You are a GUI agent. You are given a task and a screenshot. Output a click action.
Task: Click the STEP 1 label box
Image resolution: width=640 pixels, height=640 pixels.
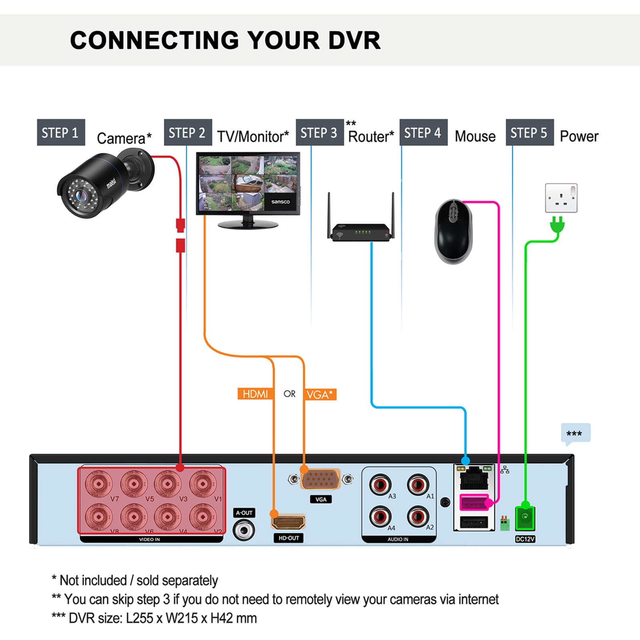(x=61, y=132)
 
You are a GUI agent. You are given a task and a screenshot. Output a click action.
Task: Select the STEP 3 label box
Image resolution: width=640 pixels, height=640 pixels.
(x=319, y=132)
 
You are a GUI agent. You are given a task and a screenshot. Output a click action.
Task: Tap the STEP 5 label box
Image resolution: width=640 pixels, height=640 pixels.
(x=529, y=132)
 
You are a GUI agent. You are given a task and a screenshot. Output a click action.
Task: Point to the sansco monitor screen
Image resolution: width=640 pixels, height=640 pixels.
(x=248, y=182)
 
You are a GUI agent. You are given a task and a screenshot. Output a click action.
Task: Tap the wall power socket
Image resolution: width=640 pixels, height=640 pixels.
(x=561, y=198)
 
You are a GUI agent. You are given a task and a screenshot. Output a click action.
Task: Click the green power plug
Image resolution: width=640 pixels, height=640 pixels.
(x=557, y=225)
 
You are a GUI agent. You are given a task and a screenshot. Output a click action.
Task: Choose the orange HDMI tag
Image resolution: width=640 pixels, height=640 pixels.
(x=255, y=394)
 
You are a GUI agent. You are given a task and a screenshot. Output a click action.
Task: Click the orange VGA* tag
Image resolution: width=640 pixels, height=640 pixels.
(x=320, y=394)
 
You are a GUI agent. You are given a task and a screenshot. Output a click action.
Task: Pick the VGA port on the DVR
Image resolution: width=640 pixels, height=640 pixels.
(x=320, y=479)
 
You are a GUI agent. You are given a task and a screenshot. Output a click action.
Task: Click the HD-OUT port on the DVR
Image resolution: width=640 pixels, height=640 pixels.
(x=288, y=522)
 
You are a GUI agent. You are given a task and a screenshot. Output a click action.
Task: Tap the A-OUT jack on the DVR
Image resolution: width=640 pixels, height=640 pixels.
(x=244, y=531)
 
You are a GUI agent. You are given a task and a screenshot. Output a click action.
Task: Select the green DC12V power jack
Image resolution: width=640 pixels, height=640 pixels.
(x=525, y=518)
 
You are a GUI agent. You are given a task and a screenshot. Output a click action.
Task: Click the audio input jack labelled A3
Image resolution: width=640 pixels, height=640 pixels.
(x=380, y=485)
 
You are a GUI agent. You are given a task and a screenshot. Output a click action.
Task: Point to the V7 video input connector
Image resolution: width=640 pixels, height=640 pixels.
(x=98, y=484)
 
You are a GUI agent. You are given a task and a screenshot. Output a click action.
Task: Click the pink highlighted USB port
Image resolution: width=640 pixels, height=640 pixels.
(x=474, y=502)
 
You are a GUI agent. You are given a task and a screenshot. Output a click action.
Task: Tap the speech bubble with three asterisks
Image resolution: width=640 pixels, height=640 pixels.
(x=576, y=433)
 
